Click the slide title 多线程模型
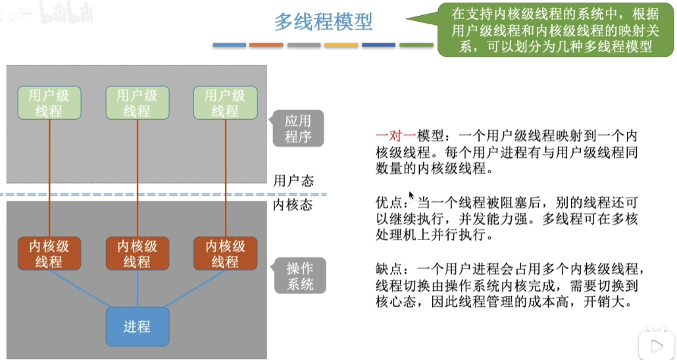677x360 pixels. (323, 22)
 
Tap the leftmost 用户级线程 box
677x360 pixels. (49, 103)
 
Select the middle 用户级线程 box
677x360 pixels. (137, 103)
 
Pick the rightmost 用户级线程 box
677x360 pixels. (225, 103)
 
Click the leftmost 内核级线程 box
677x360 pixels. (49, 253)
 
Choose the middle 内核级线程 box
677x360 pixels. (137, 253)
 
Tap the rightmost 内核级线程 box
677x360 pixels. (225, 253)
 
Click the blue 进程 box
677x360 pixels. (137, 326)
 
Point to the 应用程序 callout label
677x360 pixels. (298, 128)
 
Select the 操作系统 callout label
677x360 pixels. (298, 276)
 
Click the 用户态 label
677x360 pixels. (292, 180)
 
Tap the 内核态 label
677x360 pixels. (292, 205)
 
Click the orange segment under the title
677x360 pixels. (266, 45)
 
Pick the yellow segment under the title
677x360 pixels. (341, 45)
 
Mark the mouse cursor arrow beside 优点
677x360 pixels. (411, 195)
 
